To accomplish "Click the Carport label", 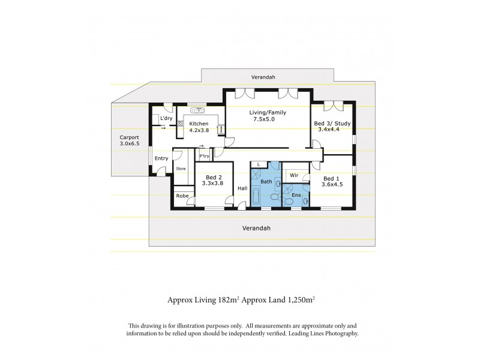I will point(129,137).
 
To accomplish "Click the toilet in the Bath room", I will point(275,197).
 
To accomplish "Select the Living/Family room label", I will point(268,112).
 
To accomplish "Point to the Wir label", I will point(294,175).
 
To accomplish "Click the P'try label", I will point(204,157).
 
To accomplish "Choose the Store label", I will point(181,169).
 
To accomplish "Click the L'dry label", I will point(166,119).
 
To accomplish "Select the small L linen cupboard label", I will point(258,164).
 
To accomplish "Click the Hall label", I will point(242,188).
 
